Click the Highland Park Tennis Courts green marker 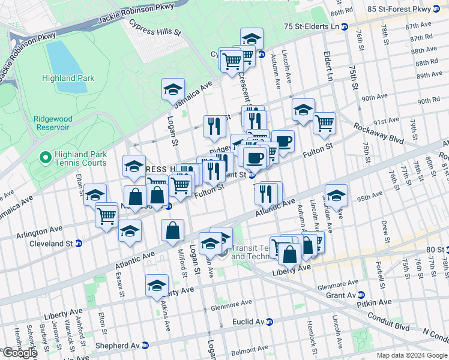44,158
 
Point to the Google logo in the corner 19,353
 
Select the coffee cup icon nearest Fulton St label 255,157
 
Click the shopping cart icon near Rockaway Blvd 324,123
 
